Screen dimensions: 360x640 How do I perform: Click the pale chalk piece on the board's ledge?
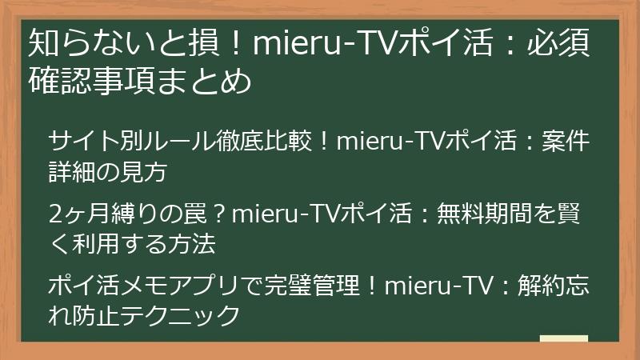pyautogui.click(x=563, y=337)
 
